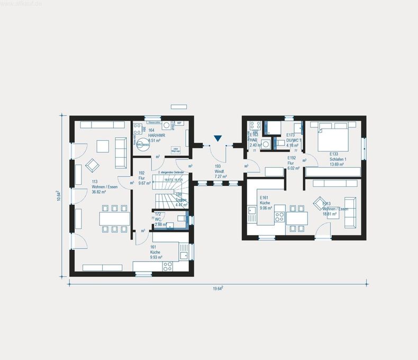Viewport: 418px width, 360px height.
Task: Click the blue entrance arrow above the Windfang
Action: [x=217, y=139]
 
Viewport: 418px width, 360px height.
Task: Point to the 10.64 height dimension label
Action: [x=59, y=196]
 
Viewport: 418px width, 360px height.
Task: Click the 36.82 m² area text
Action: [x=99, y=192]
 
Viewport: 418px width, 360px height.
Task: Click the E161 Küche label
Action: [x=266, y=203]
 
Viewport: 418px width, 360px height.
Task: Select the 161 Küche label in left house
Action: [x=155, y=251]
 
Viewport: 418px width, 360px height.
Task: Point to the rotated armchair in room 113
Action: [x=92, y=165]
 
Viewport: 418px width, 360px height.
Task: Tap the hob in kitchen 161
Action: [x=168, y=266]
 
